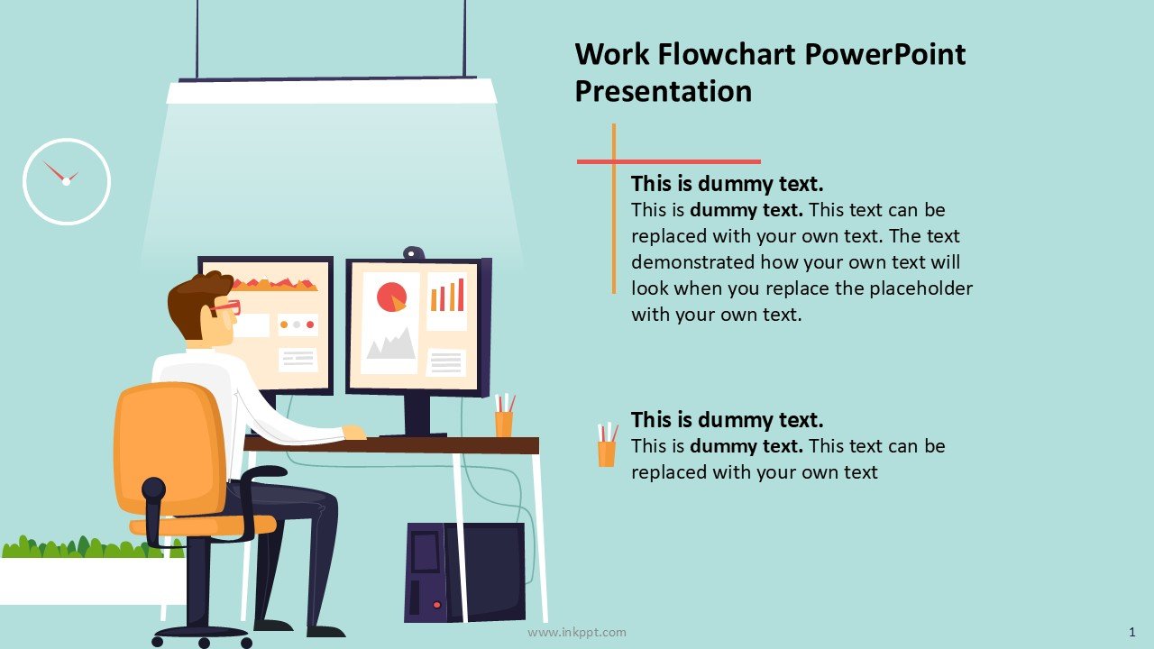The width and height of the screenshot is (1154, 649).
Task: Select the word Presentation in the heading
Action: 663,92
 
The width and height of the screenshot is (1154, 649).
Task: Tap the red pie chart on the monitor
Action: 391,297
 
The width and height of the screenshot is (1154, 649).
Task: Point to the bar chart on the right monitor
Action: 447,295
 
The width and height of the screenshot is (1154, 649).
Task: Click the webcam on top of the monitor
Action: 414,253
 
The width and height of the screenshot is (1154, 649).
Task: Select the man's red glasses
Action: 225,308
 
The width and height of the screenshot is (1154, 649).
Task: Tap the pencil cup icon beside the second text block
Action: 607,444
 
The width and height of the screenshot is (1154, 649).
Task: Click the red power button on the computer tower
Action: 437,605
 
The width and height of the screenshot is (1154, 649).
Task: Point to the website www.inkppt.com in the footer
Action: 576,632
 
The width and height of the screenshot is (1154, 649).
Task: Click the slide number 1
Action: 1131,632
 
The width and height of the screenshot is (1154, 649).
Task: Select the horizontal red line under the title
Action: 669,161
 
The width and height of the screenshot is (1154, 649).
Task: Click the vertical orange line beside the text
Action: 614,208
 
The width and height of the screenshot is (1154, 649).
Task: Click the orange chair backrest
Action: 170,448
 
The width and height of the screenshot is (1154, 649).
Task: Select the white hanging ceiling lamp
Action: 331,91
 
